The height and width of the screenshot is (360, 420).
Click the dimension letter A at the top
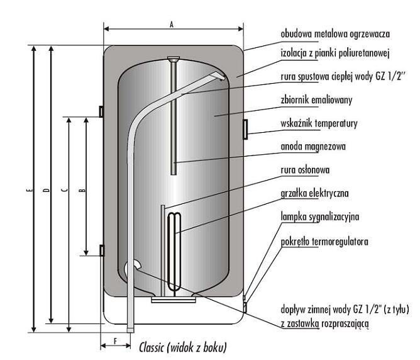click(x=171, y=23)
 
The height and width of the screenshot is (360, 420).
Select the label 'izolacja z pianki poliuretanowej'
click(x=336, y=53)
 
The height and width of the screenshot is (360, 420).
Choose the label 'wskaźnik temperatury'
click(x=319, y=123)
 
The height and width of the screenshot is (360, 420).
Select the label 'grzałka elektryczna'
click(x=313, y=193)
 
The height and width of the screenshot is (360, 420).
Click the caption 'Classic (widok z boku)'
click(x=182, y=347)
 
